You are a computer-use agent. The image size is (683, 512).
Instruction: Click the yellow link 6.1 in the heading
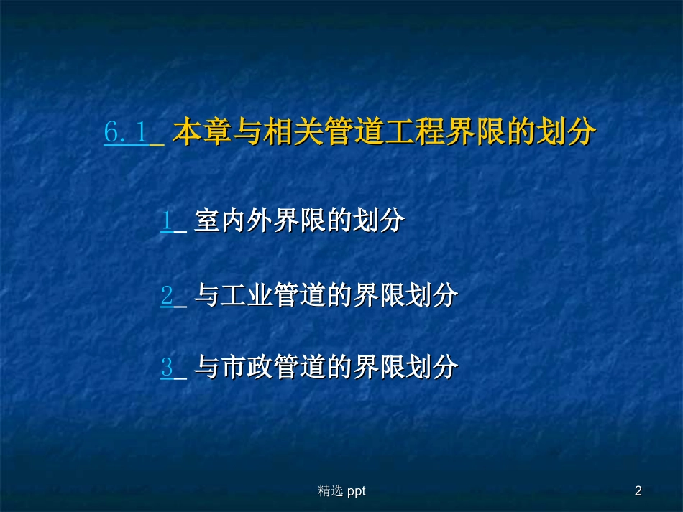127,134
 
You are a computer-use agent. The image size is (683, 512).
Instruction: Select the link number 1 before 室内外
166,221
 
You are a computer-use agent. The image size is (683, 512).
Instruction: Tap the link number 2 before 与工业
167,294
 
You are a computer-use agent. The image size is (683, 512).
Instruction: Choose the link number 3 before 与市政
167,368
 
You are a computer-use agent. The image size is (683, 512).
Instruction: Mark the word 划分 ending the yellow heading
566,134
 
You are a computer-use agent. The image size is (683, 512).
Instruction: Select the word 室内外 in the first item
232,221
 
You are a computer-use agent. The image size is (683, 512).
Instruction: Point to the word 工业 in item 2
246,294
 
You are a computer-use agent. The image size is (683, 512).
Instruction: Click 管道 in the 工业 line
299,294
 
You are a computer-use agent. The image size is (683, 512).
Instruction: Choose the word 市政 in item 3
246,368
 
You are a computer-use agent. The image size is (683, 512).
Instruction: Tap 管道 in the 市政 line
299,368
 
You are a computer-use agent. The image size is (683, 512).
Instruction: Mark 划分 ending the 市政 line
431,368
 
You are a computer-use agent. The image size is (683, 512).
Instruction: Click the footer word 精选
330,491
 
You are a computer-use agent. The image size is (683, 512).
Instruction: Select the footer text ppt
356,492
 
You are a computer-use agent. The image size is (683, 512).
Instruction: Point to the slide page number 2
638,491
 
